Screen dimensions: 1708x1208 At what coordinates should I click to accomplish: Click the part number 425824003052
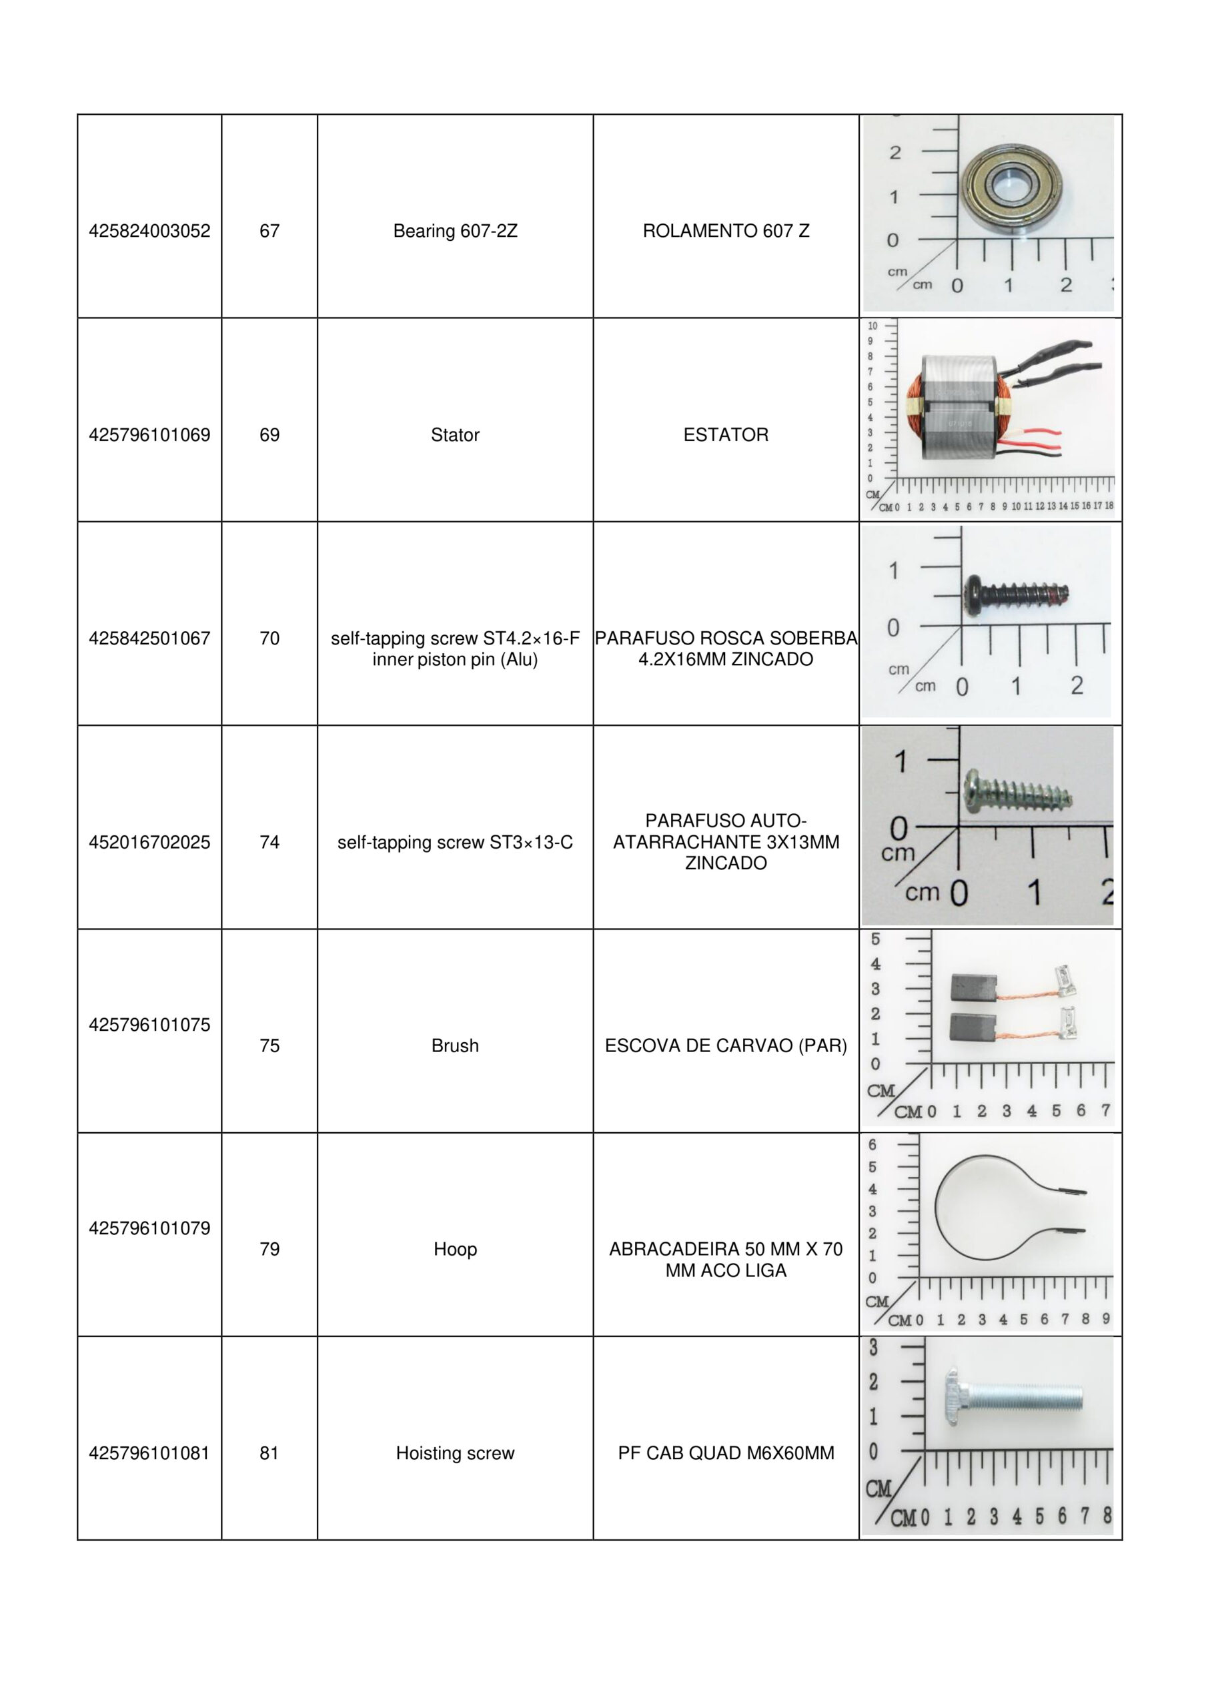click(x=149, y=232)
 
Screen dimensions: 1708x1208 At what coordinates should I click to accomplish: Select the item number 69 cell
click(x=269, y=435)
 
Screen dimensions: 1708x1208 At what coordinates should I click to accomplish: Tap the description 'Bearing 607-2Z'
click(x=454, y=232)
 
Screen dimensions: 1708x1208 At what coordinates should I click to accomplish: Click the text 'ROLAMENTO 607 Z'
click(x=725, y=232)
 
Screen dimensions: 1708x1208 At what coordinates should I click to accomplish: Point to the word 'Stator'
click(x=454, y=435)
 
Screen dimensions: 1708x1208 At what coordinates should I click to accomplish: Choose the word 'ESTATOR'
click(x=725, y=435)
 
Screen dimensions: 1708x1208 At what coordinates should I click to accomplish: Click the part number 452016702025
click(x=149, y=842)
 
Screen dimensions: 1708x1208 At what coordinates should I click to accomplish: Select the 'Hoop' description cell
click(x=454, y=1249)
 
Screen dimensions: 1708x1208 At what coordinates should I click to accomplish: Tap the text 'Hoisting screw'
click(x=454, y=1453)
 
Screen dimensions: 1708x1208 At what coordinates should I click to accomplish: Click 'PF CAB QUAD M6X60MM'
click(x=725, y=1453)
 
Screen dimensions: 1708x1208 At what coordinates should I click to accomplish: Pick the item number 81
click(x=269, y=1453)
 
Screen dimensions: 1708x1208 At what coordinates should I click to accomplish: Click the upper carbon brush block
click(x=971, y=987)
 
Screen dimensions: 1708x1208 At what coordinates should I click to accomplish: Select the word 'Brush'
click(x=454, y=1046)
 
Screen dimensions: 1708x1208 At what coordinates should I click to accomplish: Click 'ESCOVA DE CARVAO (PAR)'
click(x=725, y=1046)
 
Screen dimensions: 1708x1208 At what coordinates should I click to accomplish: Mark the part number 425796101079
click(x=149, y=1228)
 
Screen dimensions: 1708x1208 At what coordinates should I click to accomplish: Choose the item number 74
click(x=269, y=842)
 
